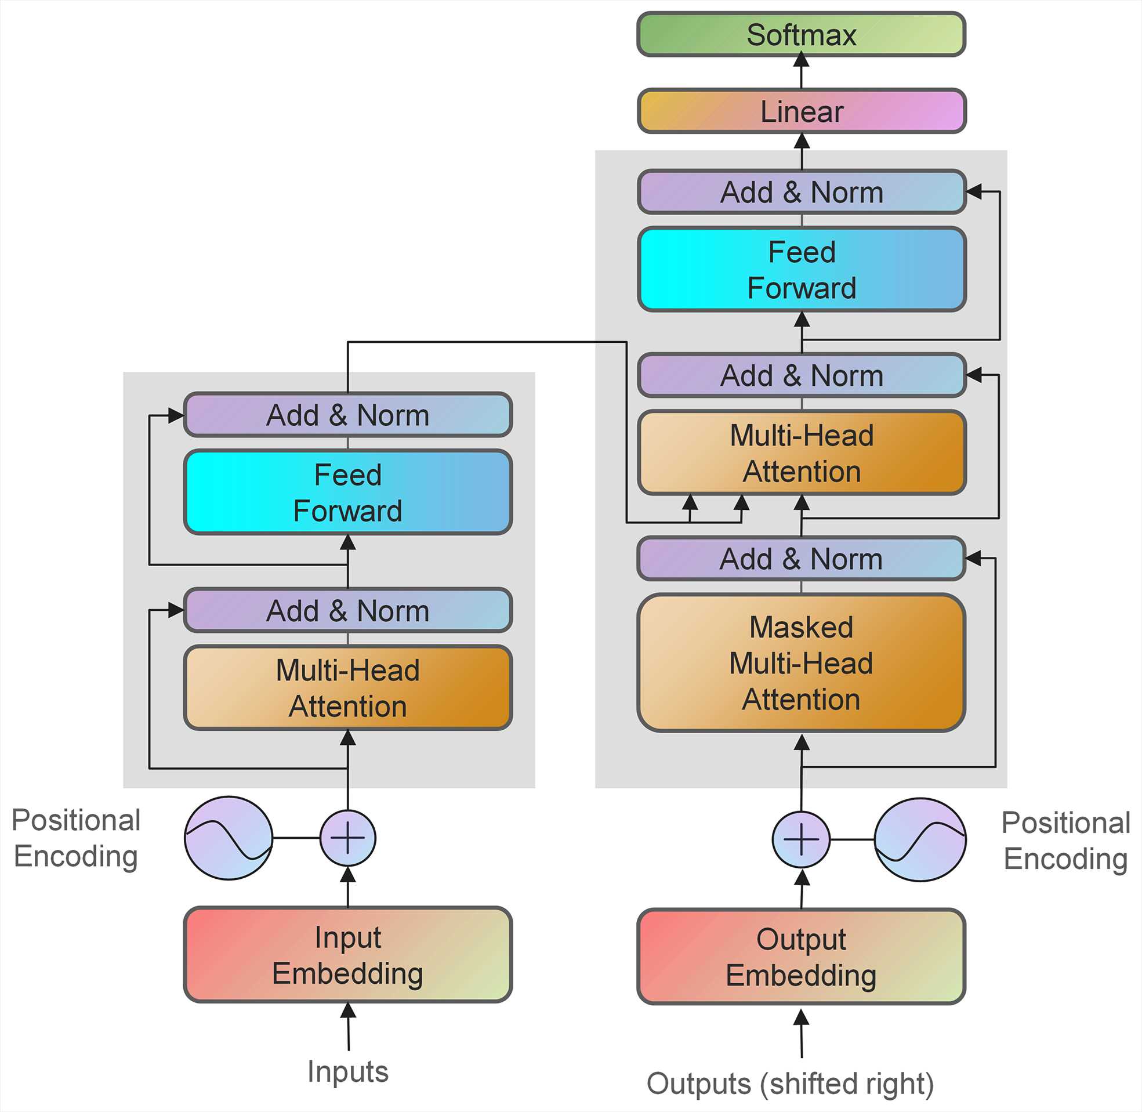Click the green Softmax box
click(801, 34)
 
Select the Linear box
click(801, 111)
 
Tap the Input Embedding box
click(348, 954)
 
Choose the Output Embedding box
click(801, 957)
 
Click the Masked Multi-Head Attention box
click(801, 663)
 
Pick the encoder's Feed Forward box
click(348, 492)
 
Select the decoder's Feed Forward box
click(801, 269)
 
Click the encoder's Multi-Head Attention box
click(348, 687)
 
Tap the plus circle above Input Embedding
click(348, 838)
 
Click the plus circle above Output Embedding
click(801, 839)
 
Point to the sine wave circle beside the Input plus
click(229, 838)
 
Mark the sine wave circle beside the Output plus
click(920, 840)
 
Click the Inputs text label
click(348, 1072)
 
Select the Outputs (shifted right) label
click(790, 1084)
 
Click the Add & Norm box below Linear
click(801, 192)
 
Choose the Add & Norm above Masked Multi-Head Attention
click(801, 559)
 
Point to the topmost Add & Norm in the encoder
click(348, 415)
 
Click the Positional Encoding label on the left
click(76, 838)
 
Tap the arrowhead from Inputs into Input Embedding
click(348, 1011)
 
